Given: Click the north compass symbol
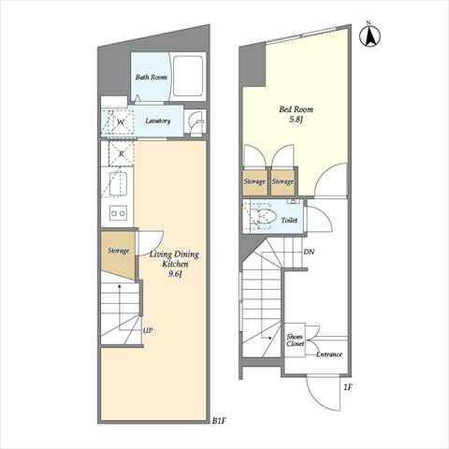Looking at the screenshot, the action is coord(369,36).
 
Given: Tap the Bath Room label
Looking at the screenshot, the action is coord(152,77).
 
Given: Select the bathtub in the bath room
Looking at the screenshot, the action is coord(188,76).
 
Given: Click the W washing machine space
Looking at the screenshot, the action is coord(121,122).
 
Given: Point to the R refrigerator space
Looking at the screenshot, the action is coord(122,153).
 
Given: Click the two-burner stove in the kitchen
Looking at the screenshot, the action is coord(118,213).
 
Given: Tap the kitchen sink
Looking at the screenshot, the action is coord(118,183).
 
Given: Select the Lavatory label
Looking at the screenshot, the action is coord(158,121).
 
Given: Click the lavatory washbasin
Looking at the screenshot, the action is coord(196,123).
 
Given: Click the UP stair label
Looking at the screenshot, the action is coord(148,330).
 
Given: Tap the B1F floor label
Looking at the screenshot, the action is coord(219,421).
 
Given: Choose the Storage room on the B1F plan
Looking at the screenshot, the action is coord(119,254).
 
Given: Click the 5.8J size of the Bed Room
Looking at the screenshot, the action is coord(296,120).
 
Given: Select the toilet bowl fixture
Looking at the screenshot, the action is coord(264,216).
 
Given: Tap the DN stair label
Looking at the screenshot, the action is coord(309,252).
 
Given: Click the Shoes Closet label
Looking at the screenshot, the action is coord(295,340).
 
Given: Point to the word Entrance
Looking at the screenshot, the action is coord(329,355).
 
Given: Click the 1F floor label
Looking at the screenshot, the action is coord(348,387).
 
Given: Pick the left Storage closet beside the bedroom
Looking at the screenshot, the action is coord(254,182).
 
